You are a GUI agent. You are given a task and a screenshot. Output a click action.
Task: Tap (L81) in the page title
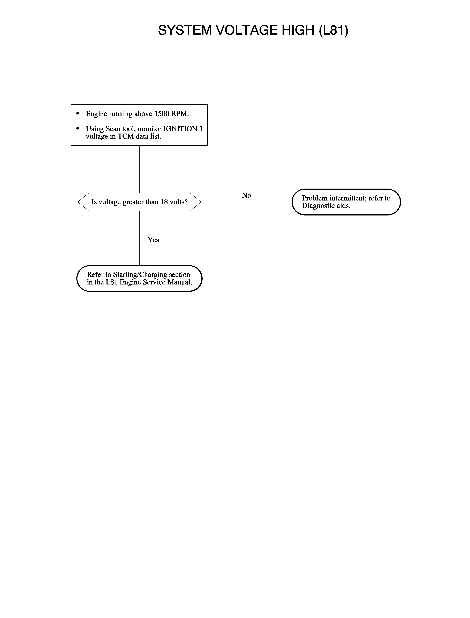[x=333, y=30]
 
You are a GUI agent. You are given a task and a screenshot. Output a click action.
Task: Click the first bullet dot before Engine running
[x=78, y=113]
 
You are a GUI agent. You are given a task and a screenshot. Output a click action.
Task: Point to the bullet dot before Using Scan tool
[x=78, y=128]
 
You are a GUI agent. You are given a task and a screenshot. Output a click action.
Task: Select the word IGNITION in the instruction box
[x=180, y=129]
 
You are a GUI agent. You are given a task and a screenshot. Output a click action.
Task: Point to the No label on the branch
[x=246, y=195]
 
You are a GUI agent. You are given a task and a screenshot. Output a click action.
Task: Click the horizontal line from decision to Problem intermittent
[x=246, y=202]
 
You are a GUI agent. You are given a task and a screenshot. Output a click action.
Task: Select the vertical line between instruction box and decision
[x=139, y=169]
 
